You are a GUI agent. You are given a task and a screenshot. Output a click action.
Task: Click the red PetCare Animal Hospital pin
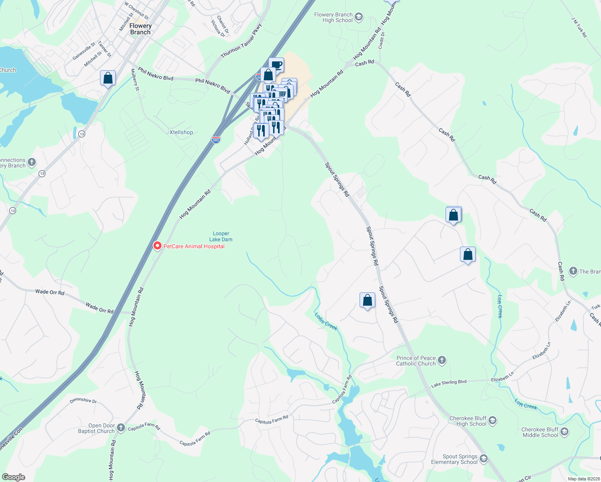point(157,246)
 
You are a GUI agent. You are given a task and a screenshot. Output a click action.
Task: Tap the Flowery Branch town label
point(140,29)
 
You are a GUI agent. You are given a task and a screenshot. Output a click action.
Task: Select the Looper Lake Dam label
point(221,236)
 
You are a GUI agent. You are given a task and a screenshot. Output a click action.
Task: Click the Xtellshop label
point(181,132)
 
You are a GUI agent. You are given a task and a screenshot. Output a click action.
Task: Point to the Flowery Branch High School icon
point(359,17)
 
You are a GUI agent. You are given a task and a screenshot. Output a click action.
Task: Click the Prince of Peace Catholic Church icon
point(442,360)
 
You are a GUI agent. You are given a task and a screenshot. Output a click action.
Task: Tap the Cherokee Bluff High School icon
point(493,421)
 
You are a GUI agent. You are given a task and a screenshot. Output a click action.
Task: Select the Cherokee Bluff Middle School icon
point(564,432)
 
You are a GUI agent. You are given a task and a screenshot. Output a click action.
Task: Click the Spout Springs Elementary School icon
point(484,459)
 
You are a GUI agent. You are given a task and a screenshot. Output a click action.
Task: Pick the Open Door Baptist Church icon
point(121,428)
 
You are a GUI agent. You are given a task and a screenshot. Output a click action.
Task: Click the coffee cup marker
point(276,65)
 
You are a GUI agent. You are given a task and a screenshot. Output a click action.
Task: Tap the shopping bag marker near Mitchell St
point(108,78)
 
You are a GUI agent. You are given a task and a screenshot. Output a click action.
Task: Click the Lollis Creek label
point(326,321)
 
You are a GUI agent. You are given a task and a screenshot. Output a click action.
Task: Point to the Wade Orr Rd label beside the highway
point(99,308)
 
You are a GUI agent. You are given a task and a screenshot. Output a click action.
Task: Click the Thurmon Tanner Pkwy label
point(241,41)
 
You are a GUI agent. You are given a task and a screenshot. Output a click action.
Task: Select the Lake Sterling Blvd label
point(449,384)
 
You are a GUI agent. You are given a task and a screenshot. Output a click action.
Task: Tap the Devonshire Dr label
point(83,400)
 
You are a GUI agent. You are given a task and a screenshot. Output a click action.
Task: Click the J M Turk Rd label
point(579,27)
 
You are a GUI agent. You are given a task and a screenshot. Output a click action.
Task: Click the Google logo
point(13,477)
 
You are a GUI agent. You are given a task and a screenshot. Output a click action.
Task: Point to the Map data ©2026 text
point(582,479)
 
